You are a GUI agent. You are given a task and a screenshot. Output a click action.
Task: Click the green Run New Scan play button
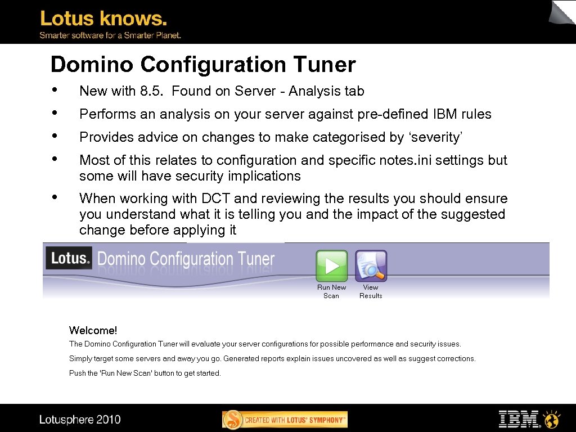(x=332, y=265)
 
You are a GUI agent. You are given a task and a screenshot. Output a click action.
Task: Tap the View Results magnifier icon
(x=371, y=265)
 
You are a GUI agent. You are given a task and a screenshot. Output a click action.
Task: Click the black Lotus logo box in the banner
(x=69, y=258)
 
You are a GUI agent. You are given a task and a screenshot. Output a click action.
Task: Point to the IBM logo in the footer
(x=519, y=419)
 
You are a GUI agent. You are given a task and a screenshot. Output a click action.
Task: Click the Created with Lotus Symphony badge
(x=285, y=420)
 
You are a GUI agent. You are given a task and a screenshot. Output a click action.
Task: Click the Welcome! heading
(x=93, y=330)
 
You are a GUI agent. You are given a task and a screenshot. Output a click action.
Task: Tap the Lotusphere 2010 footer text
(x=80, y=420)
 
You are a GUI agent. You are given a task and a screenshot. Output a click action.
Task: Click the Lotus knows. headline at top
(x=103, y=19)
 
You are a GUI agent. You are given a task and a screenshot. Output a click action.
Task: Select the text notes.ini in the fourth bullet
(x=399, y=160)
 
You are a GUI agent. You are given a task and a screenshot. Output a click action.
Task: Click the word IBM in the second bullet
(x=446, y=114)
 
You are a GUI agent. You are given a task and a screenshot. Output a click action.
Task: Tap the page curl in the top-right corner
(x=562, y=12)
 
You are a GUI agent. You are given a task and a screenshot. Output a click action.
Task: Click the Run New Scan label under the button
(x=331, y=291)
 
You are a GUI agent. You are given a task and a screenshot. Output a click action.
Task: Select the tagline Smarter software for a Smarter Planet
(x=110, y=35)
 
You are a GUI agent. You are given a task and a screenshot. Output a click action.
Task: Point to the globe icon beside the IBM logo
(x=551, y=419)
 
